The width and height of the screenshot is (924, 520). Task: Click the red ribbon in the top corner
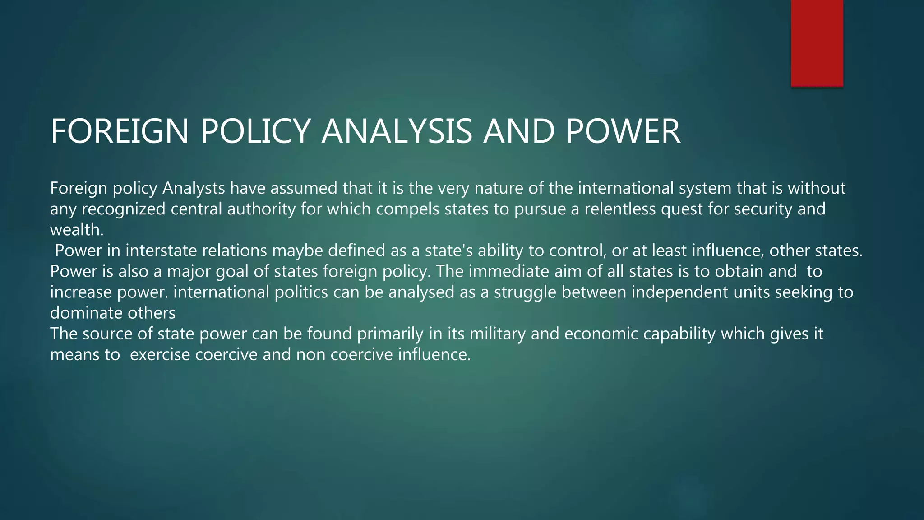(x=817, y=43)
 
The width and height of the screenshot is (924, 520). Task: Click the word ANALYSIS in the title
(x=397, y=131)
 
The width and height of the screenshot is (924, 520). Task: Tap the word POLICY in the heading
(x=255, y=131)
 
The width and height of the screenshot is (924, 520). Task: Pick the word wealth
(x=77, y=230)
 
